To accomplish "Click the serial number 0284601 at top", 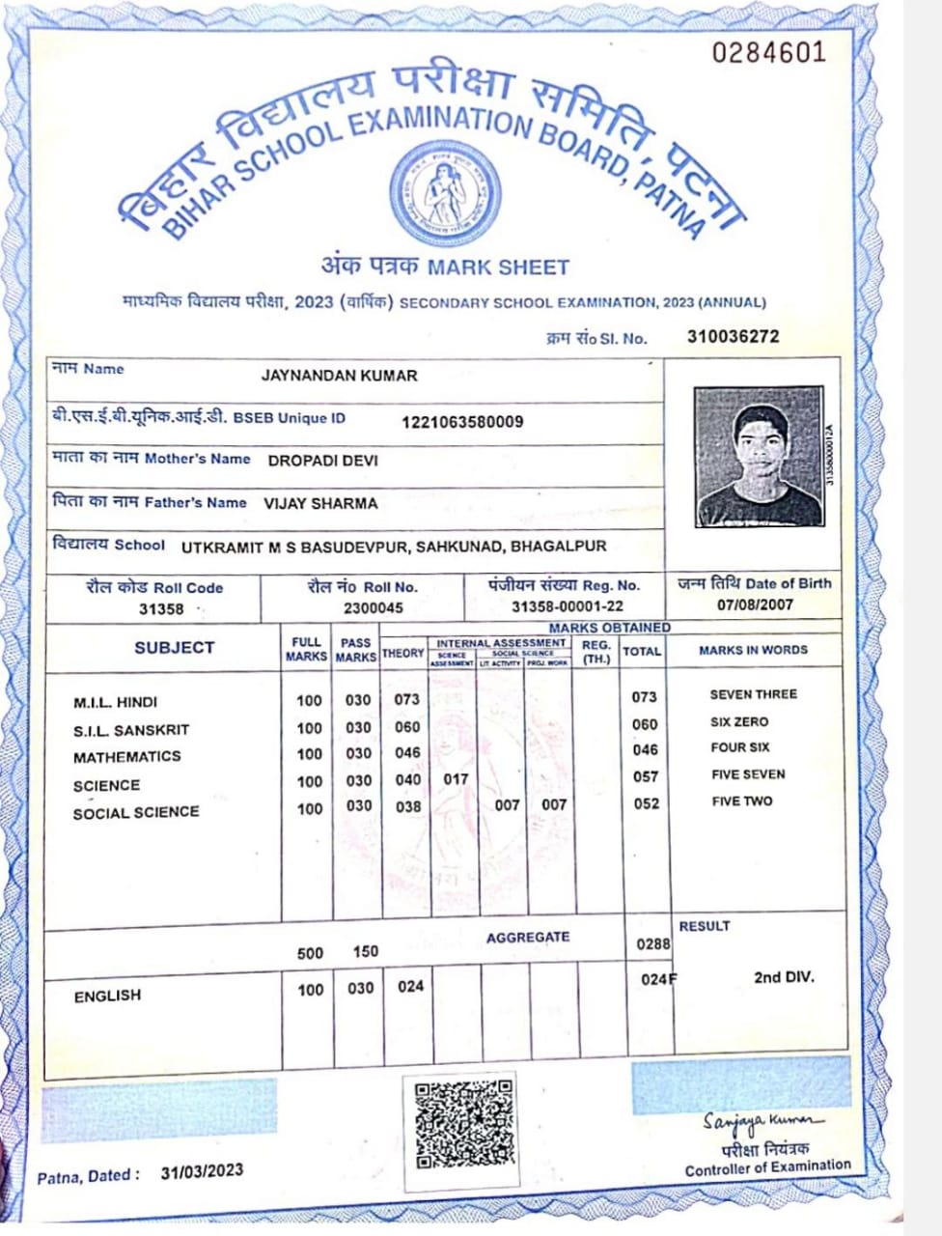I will click(769, 52).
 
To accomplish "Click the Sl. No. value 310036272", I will click(733, 337).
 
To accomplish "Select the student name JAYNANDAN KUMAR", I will click(340, 376).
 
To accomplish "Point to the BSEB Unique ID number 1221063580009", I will click(462, 422).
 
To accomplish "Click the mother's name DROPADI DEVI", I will click(322, 461).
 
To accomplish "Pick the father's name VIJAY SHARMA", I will click(320, 503).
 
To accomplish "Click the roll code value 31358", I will click(161, 609).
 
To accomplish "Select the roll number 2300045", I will click(374, 608).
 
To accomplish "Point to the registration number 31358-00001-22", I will click(568, 606).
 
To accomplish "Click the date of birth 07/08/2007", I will click(755, 604).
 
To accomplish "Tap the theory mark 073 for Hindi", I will click(407, 699).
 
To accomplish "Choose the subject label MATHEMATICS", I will click(126, 757).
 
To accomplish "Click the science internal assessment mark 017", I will click(456, 778).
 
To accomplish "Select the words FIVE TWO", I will click(741, 801).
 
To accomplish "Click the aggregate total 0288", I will click(653, 943).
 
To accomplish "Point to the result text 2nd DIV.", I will click(784, 977).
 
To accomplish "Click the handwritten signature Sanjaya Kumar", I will click(763, 1120).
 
